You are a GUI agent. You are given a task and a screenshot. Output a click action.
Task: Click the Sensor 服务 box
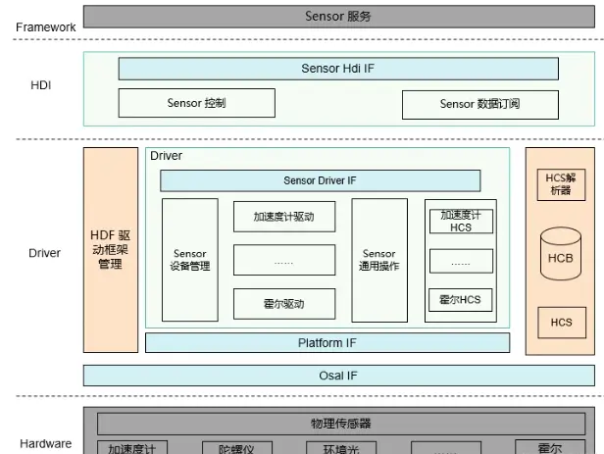pos(338,17)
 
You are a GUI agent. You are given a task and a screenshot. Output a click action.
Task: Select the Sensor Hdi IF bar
pos(338,69)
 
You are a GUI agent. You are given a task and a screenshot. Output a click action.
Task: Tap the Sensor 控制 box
pos(196,103)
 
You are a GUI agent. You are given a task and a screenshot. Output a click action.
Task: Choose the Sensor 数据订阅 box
pos(479,104)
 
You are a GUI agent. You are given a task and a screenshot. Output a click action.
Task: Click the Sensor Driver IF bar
pos(320,180)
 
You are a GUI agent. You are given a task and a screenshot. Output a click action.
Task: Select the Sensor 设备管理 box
pos(189,260)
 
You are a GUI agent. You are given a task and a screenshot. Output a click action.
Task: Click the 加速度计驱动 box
pos(284,216)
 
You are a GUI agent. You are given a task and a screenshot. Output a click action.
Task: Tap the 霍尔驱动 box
pos(284,303)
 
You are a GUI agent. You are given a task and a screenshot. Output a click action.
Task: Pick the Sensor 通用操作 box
pos(378,260)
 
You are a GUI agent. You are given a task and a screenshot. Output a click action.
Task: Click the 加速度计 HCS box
pos(461,221)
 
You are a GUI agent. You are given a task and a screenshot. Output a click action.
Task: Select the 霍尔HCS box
pos(461,300)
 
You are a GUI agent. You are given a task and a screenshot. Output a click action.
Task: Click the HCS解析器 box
pos(561,183)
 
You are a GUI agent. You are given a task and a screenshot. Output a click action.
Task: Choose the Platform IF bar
pos(327,343)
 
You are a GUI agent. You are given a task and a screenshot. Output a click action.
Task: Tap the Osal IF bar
pos(338,376)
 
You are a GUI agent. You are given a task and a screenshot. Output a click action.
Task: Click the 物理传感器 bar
pos(338,424)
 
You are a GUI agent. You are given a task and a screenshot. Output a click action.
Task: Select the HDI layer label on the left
pos(40,85)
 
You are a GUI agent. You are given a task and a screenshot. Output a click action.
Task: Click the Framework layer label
pos(45,26)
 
